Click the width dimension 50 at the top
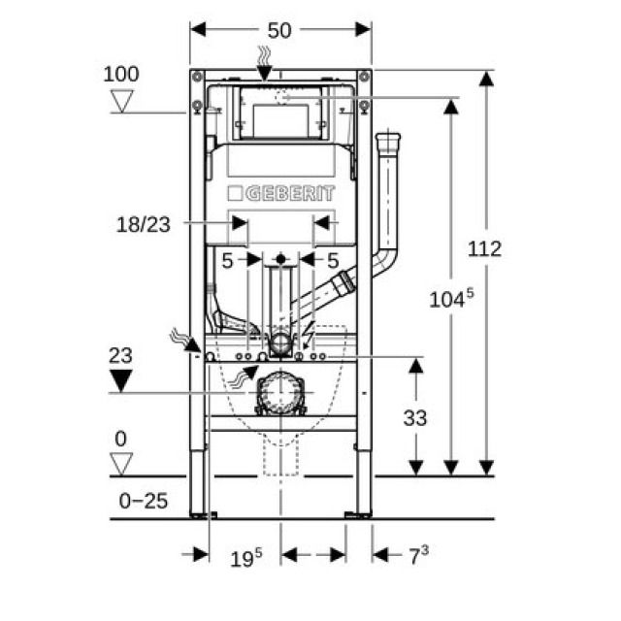click(x=279, y=30)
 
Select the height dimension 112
click(x=483, y=248)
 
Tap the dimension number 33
click(x=413, y=418)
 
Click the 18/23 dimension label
click(x=143, y=224)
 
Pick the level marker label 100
click(x=120, y=74)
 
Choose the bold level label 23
click(x=120, y=355)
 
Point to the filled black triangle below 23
click(x=120, y=380)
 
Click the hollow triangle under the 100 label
click(x=122, y=100)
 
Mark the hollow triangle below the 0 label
click(x=120, y=463)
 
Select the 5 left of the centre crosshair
click(x=227, y=260)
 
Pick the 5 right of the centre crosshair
click(x=332, y=260)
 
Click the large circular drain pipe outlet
click(x=280, y=393)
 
